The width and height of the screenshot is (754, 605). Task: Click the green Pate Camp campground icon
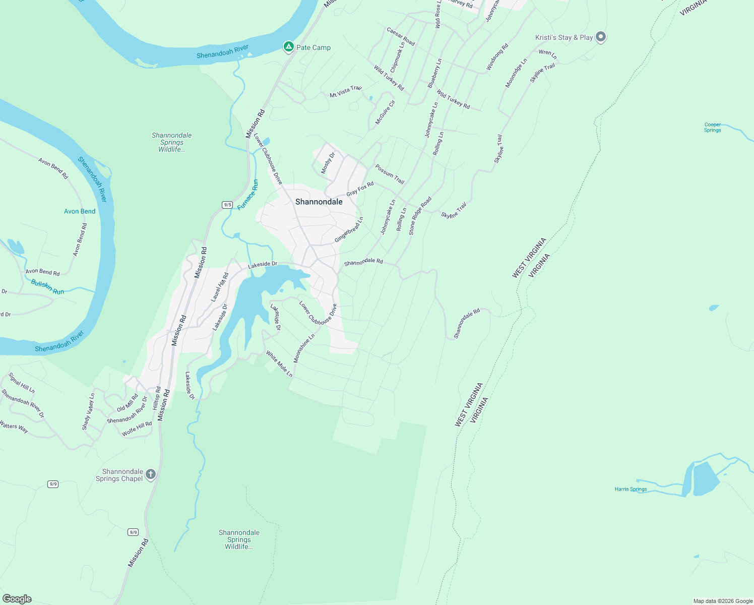coord(288,47)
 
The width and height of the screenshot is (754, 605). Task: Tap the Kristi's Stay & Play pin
coord(600,37)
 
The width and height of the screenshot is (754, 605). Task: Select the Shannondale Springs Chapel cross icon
coord(150,474)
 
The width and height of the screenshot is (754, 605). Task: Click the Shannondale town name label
coord(319,202)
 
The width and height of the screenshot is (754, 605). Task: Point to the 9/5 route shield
coord(227,205)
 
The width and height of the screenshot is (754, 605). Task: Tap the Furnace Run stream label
coord(248,195)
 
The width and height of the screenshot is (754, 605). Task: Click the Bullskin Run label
coord(47,287)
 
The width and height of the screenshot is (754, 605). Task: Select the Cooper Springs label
coord(712,127)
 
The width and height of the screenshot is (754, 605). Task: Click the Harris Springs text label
coord(631,489)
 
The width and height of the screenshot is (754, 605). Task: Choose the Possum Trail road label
coord(390,174)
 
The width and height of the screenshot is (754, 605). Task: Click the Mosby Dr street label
coord(328,163)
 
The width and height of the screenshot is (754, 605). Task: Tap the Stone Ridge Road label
coord(420,216)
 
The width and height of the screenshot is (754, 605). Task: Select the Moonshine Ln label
coord(304,348)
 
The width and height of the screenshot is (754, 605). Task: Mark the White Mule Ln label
coord(279,364)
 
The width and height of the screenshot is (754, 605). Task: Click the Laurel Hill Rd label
coord(220,287)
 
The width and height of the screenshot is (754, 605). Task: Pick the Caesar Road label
coord(401,36)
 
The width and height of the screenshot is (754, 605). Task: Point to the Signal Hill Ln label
coord(22,383)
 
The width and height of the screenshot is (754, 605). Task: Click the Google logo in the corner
coord(17,599)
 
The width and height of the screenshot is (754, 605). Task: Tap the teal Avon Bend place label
coord(80,211)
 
